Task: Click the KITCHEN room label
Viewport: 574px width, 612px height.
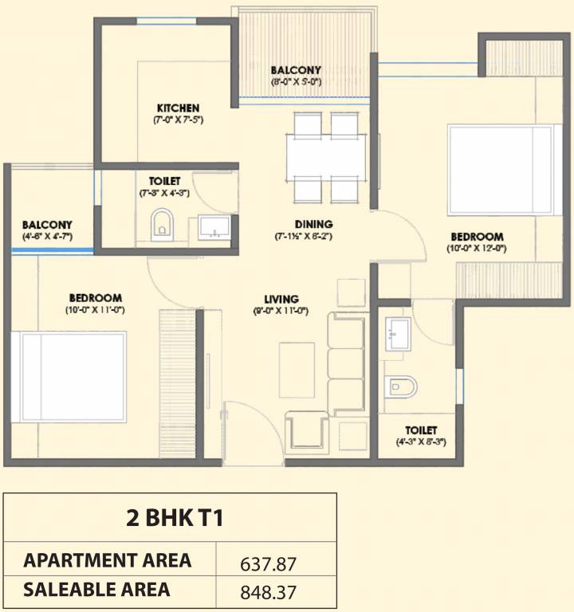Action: (x=178, y=108)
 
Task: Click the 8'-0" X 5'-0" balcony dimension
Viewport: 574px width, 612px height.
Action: (x=296, y=81)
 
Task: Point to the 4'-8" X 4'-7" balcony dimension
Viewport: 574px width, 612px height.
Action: (x=47, y=236)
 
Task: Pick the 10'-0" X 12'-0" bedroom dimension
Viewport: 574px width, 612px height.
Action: (x=477, y=248)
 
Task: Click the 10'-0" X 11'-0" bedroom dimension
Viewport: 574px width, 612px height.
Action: (x=94, y=309)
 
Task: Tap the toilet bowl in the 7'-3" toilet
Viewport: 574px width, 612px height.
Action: (x=161, y=225)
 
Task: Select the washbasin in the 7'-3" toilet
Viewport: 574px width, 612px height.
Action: (x=214, y=228)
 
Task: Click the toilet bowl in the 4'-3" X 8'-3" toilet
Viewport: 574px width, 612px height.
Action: (x=399, y=388)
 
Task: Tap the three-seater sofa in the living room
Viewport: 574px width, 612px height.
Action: (x=345, y=363)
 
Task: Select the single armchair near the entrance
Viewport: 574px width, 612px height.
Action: (x=307, y=433)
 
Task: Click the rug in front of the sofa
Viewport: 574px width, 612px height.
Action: (x=293, y=365)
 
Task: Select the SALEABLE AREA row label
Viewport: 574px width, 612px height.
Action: (x=96, y=590)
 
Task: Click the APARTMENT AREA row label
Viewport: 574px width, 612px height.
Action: (x=108, y=560)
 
